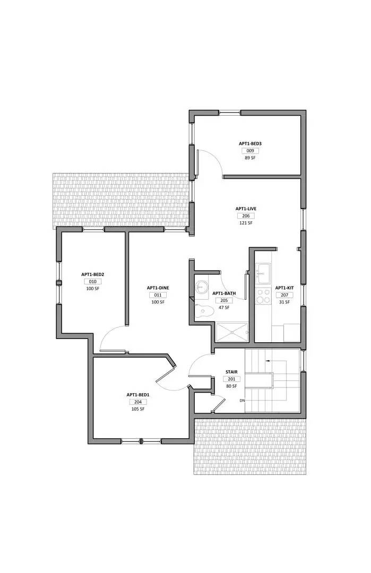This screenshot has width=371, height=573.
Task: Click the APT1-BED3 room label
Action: coord(250,143)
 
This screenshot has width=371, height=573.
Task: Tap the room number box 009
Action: coord(250,151)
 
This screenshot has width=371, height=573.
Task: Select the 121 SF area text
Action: coord(246,223)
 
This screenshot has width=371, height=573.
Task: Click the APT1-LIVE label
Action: coord(246,209)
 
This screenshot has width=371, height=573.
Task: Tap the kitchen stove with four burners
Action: coord(263,296)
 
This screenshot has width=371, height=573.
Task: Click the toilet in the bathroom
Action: coord(202,312)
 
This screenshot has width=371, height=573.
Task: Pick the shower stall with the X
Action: coord(232,332)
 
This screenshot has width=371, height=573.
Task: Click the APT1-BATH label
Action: coord(224,293)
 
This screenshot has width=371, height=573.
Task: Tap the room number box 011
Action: coord(158,295)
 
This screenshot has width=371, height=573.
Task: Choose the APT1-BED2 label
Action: coord(92,274)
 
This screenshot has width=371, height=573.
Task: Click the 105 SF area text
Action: coord(138,409)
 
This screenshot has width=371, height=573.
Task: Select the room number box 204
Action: coord(137,402)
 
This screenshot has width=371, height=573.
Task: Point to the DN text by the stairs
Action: coord(242,400)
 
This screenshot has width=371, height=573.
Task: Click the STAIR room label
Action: coord(231,372)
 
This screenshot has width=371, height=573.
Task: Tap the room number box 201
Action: coord(231,379)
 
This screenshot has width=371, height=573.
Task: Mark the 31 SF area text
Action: coord(284,302)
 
